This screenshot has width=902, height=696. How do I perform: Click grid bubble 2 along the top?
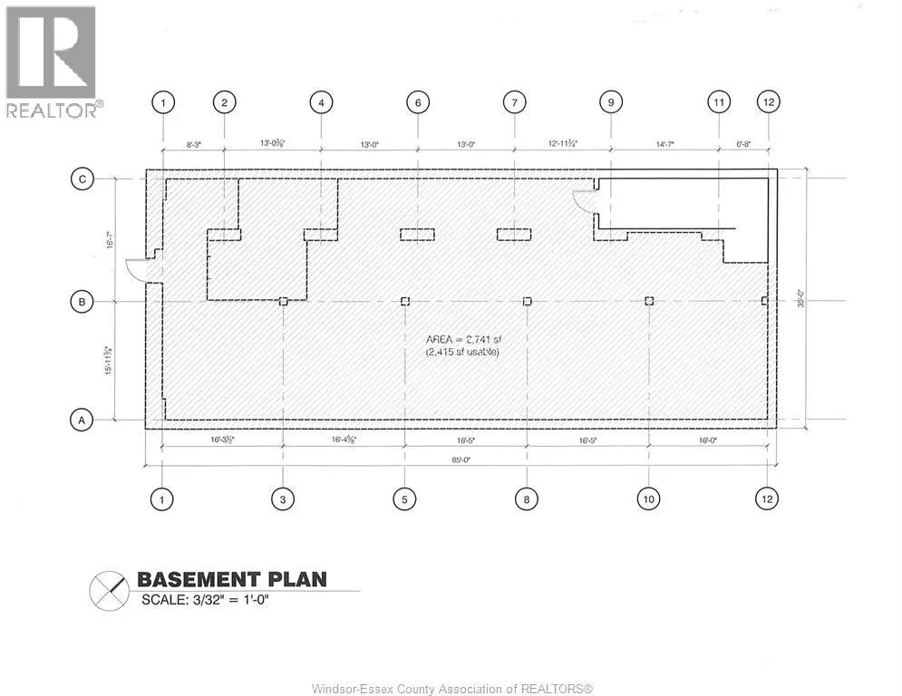pos(224,102)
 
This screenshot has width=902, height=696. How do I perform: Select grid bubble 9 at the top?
pos(611,102)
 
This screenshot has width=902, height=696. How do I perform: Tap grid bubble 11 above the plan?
pos(719,102)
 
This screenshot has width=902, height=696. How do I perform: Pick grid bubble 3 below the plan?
pos(283,498)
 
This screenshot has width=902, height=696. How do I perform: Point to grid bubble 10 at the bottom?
pos(649,498)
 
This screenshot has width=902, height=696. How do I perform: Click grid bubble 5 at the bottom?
pos(404,498)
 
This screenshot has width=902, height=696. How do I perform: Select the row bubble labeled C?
pos(82,179)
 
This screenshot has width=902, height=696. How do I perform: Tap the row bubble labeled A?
pos(82,420)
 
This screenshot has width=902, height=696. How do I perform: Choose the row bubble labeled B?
pos(82,302)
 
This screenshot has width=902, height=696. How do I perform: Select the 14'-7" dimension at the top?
pos(665,143)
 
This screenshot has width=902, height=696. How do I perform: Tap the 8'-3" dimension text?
pos(194,143)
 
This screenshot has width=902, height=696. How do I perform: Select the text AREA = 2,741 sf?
pos(462,340)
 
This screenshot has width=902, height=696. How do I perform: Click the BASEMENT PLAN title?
pos(231,579)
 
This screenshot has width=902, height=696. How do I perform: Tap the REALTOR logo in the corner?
pos(51,62)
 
